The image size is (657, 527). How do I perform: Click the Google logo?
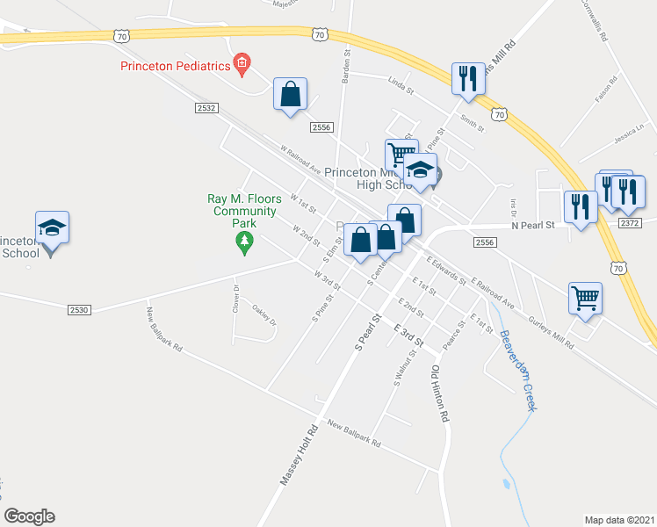[x=30, y=516]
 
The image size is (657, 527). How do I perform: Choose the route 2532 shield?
[x=206, y=106]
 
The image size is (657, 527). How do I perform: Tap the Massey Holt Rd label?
[x=299, y=457]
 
